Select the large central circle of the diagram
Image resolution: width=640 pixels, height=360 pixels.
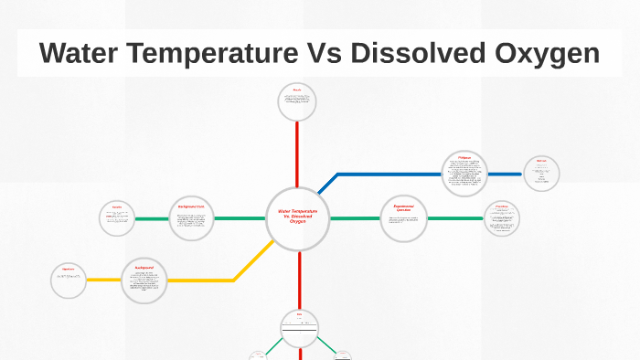pyautogui.click(x=298, y=218)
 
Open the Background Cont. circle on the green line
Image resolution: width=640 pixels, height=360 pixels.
pyautogui.click(x=191, y=218)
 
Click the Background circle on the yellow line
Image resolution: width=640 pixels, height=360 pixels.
pyautogui.click(x=144, y=280)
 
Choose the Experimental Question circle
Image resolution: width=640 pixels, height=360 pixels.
pyautogui.click(x=403, y=218)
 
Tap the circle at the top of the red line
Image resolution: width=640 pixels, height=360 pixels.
pyautogui.click(x=297, y=102)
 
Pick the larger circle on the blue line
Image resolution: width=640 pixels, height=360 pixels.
pyautogui.click(x=464, y=174)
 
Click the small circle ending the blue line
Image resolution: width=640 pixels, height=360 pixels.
pyautogui.click(x=541, y=174)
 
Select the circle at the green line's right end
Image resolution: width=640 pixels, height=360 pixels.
pyautogui.click(x=502, y=218)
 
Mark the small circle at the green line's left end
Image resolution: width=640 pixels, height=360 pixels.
pyautogui.click(x=117, y=218)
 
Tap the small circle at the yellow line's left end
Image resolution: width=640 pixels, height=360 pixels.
pyautogui.click(x=69, y=281)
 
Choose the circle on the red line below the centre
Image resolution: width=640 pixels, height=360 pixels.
pyautogui.click(x=299, y=327)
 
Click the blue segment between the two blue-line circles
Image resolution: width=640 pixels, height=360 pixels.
pyautogui.click(x=505, y=174)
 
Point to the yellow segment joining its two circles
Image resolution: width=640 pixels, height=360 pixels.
pyautogui.click(x=201, y=280)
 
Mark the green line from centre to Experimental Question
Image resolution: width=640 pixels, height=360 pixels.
pyautogui.click(x=355, y=218)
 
